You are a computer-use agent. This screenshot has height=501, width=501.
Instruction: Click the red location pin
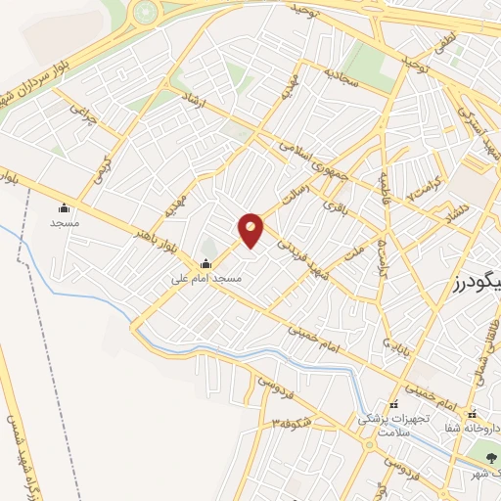251,229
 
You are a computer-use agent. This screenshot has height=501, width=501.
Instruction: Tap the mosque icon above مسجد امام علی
205,263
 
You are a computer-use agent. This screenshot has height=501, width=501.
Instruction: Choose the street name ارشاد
195,105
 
